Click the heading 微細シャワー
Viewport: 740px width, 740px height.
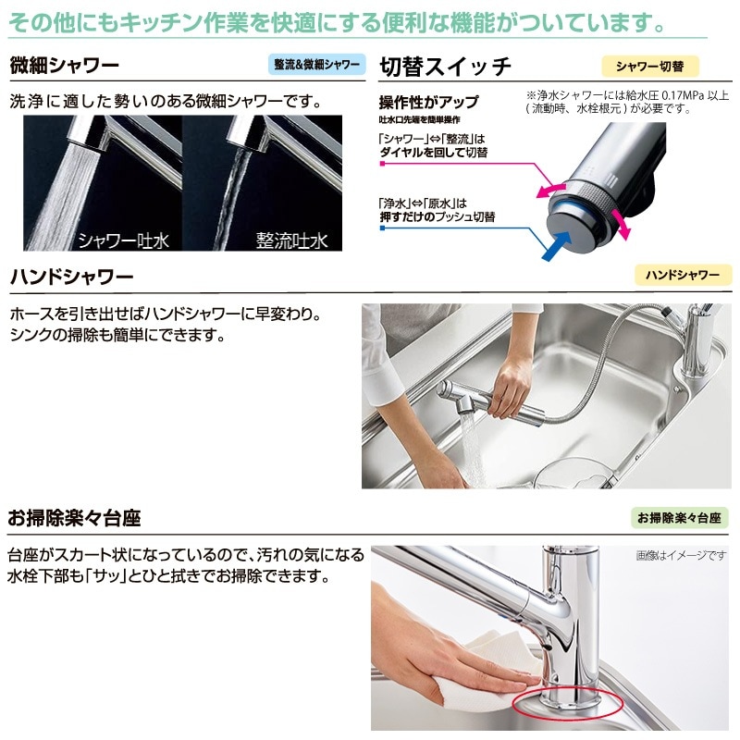pyautogui.click(x=65, y=67)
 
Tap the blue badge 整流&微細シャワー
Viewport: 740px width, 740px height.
pyautogui.click(x=317, y=66)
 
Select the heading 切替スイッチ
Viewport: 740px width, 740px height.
pyautogui.click(x=446, y=67)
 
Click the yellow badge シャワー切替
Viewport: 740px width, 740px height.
pyautogui.click(x=650, y=66)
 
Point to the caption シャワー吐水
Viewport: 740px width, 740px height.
pyautogui.click(x=123, y=240)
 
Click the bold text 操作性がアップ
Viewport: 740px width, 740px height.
pyautogui.click(x=428, y=102)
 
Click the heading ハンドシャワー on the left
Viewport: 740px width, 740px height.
pyautogui.click(x=71, y=277)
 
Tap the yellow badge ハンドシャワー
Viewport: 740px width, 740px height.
pyautogui.click(x=682, y=275)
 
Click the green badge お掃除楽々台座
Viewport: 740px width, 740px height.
pyautogui.click(x=679, y=518)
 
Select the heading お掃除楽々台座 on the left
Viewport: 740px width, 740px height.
pyautogui.click(x=74, y=518)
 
